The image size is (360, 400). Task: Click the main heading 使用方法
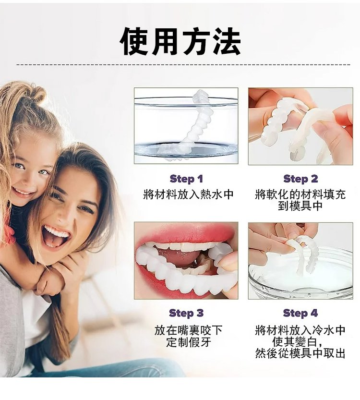[x=180, y=42]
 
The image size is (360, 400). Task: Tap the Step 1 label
[x=186, y=179]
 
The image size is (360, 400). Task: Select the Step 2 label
[x=300, y=179]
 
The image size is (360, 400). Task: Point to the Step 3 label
[x=186, y=313]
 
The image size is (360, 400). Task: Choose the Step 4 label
[x=300, y=313]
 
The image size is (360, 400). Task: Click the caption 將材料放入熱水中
[x=189, y=194]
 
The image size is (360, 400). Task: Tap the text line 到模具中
[x=300, y=206]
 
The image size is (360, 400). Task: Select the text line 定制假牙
[x=189, y=342]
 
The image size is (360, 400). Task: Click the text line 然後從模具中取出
[x=300, y=353]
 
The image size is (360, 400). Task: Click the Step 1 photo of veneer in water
[x=186, y=126]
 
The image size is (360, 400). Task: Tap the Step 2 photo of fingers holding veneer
[x=300, y=126]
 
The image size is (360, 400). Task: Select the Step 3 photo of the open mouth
[x=186, y=260]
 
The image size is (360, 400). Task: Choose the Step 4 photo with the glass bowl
[x=300, y=260]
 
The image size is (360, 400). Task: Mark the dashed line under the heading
[x=183, y=64]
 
